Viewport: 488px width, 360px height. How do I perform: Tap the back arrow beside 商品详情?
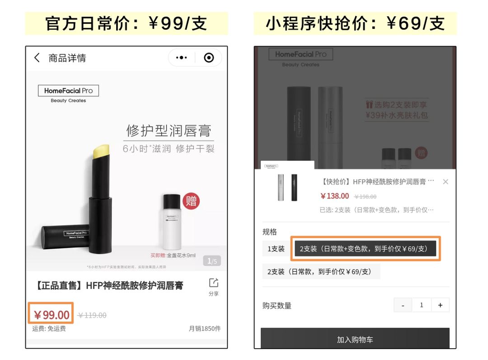click(37, 58)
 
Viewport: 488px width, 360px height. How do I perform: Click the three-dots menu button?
click(182, 58)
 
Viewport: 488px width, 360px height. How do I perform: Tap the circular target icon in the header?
click(209, 58)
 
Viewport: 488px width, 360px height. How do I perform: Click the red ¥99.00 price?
click(52, 315)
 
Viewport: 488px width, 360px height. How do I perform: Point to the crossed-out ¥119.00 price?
click(92, 315)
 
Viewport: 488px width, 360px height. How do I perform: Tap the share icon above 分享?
click(214, 283)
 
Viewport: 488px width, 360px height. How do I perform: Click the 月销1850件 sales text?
click(205, 329)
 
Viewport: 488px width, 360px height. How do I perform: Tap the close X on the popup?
click(446, 182)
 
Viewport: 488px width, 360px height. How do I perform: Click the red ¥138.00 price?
click(335, 196)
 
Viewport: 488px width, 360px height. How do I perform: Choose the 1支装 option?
click(276, 249)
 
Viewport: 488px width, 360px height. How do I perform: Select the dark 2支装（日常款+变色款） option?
click(365, 249)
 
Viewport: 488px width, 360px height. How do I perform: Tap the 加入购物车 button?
click(355, 339)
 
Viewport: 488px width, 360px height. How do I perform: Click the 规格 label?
click(270, 232)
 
